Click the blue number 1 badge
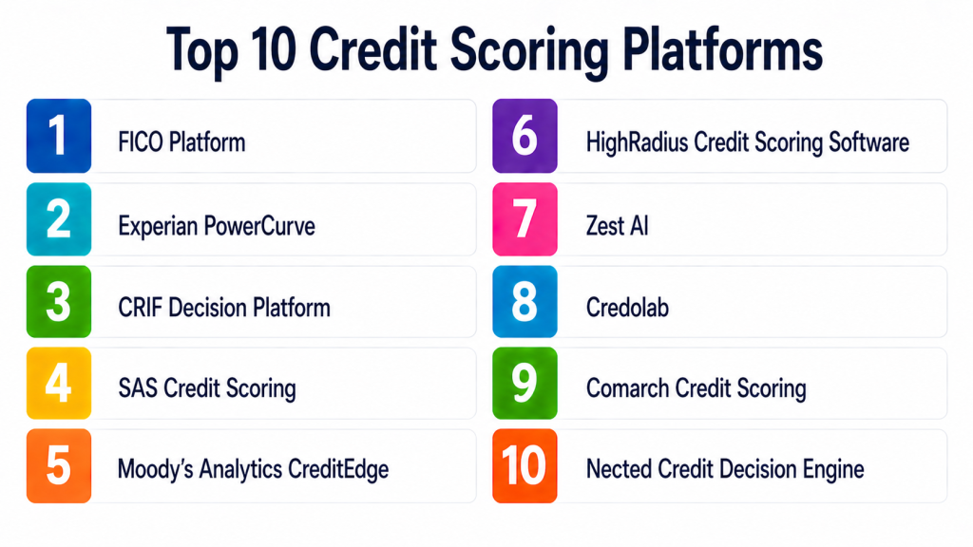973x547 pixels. pyautogui.click(x=59, y=136)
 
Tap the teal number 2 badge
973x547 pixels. pyautogui.click(x=59, y=219)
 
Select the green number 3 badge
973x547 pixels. pyautogui.click(x=59, y=301)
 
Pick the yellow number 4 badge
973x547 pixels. pyautogui.click(x=59, y=384)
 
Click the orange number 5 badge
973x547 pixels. pyautogui.click(x=59, y=465)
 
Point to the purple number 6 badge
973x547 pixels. pyautogui.click(x=525, y=136)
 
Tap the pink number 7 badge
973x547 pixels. pyautogui.click(x=525, y=219)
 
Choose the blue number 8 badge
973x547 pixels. pyautogui.click(x=525, y=301)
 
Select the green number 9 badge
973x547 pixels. pyautogui.click(x=525, y=384)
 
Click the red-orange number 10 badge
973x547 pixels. pyautogui.click(x=525, y=465)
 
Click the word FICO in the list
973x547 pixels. pyautogui.click(x=141, y=142)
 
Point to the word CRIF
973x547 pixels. pyautogui.click(x=141, y=308)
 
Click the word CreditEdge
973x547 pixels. pyautogui.click(x=339, y=470)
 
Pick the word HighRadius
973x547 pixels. pyautogui.click(x=638, y=142)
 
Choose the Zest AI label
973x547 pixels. pyautogui.click(x=618, y=226)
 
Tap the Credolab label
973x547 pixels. pyautogui.click(x=627, y=308)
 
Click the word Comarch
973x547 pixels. pyautogui.click(x=627, y=388)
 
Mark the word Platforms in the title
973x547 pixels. pyautogui.click(x=722, y=49)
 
